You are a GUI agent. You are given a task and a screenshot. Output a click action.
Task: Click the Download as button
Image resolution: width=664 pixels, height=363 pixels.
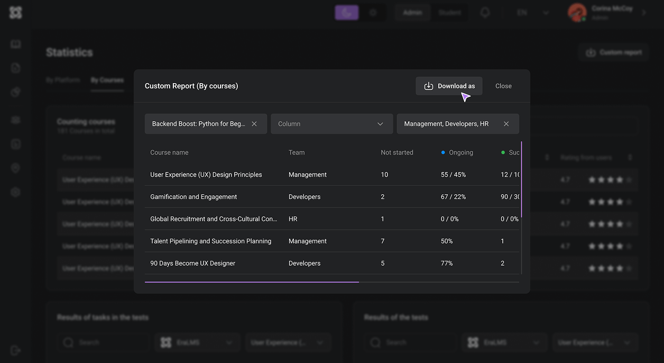449,86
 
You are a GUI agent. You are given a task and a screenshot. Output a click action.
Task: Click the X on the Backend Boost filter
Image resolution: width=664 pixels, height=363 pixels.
254,124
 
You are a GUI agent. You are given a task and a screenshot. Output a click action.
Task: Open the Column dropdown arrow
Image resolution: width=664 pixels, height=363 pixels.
380,124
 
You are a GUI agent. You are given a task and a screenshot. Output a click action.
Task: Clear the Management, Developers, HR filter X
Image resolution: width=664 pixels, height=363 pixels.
506,124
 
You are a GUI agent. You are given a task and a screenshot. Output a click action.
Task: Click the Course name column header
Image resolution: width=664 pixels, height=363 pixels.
169,152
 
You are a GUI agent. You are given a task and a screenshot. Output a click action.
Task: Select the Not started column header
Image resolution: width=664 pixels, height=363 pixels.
396,152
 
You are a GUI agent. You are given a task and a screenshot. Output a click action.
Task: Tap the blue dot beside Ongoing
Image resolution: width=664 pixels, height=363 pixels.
443,152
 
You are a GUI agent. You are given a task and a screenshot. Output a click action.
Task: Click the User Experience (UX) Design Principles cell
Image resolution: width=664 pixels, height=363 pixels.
206,175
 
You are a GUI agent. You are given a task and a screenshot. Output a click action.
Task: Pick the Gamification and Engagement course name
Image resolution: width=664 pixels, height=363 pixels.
193,197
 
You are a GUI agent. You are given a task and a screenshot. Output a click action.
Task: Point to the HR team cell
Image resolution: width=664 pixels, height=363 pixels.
293,219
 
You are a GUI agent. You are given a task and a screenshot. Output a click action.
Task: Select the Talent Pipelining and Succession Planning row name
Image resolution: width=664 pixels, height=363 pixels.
210,241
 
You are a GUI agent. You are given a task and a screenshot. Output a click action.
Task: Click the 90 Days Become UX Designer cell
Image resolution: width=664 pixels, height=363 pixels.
192,264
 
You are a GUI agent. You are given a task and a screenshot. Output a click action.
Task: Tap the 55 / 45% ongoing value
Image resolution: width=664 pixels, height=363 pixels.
453,175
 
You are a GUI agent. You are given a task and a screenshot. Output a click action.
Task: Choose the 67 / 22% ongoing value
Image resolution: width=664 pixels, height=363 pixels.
453,197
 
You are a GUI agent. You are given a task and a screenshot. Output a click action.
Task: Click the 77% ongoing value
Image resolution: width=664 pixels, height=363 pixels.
447,264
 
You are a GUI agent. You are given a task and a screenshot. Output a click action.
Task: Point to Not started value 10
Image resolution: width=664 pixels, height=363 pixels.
384,175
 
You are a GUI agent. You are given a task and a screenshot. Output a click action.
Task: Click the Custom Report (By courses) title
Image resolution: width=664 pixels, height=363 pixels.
191,86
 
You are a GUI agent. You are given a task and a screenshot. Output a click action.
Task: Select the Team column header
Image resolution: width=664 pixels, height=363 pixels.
297,152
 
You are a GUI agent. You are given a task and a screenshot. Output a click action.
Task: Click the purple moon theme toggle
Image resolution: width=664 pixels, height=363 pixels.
347,13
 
